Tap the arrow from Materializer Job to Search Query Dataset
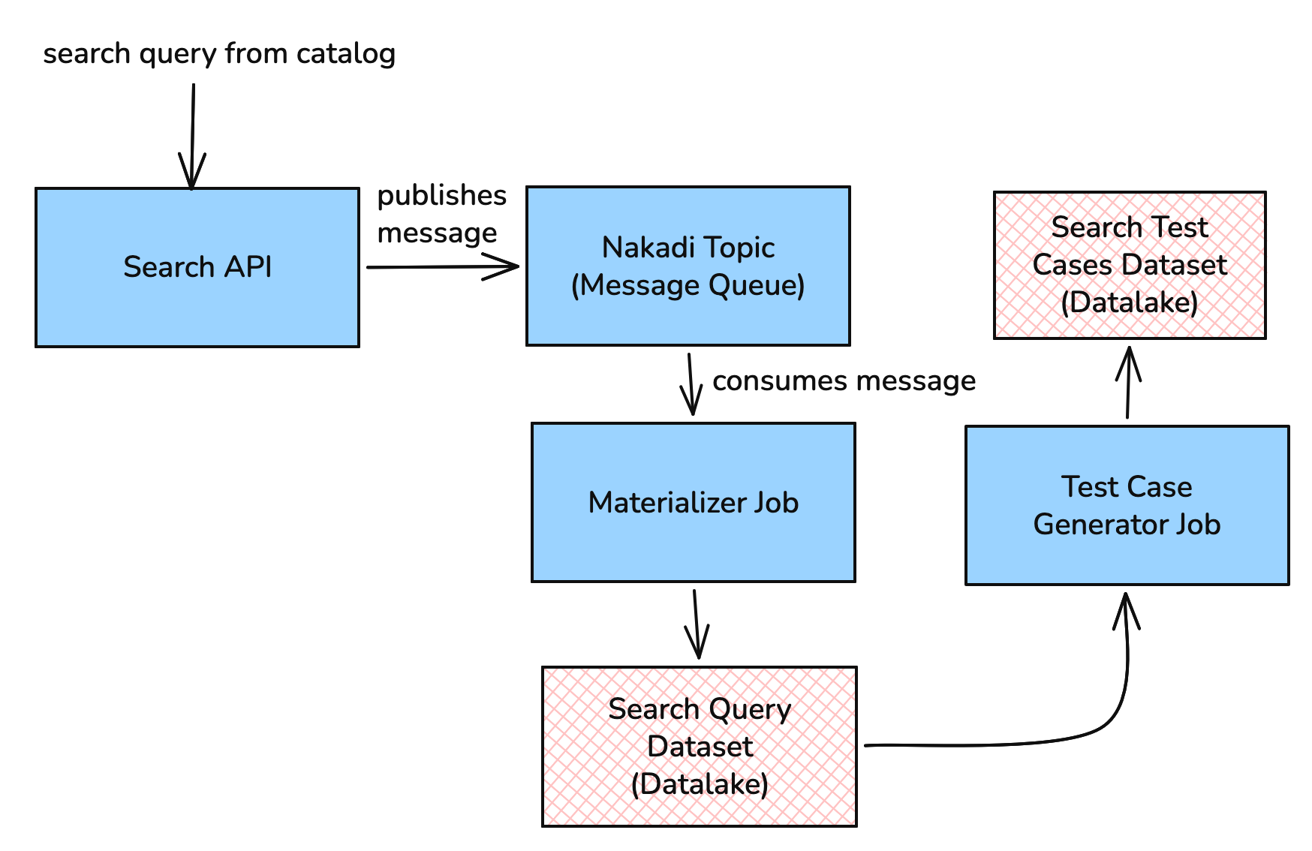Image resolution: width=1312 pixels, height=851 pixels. pos(697,623)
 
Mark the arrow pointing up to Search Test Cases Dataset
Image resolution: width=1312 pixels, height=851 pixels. pos(1128,383)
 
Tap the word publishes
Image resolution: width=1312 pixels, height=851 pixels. pos(441,195)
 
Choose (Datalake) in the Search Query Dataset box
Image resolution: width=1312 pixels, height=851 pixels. pos(700,784)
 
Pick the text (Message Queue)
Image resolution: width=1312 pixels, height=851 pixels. pos(688,285)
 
